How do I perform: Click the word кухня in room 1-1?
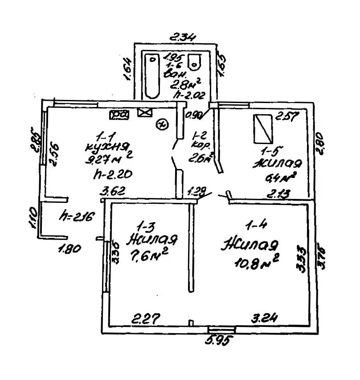coord(108,147)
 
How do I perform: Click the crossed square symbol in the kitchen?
coord(144,113)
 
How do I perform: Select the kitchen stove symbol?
coord(119,115)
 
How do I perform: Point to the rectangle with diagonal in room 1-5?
coord(263,128)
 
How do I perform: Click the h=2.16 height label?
coord(78,217)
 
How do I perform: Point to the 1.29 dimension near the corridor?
coord(196,193)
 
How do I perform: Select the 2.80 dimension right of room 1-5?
coord(320,142)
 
